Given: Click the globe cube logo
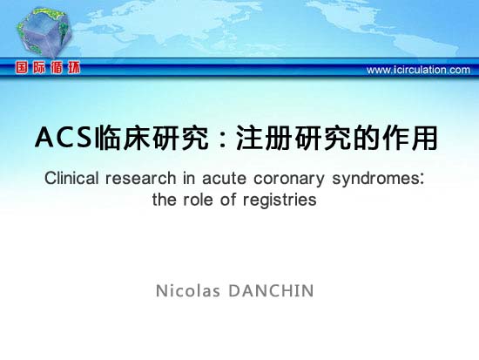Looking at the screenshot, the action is pos(44,32).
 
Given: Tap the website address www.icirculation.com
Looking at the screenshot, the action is pos(418,70).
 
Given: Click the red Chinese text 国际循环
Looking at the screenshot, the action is pos(48,67).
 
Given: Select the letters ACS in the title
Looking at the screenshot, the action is pos(64,138).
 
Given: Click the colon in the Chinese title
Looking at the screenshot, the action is pos(224,139).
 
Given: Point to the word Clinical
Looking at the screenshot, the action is pos(71,178).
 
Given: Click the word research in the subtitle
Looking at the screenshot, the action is pos(141,178).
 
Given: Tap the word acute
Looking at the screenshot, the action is pos(224,178).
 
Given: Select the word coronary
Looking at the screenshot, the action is pos(289,180).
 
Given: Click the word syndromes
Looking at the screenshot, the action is pos(378,180).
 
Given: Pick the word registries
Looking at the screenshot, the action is pos(280,200).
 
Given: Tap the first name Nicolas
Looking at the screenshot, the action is pos(188,290).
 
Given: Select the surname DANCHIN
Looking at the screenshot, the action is pos(271,290).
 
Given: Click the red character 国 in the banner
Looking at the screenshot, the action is pos(22,67).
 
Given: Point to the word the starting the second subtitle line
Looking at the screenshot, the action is pos(164,200).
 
